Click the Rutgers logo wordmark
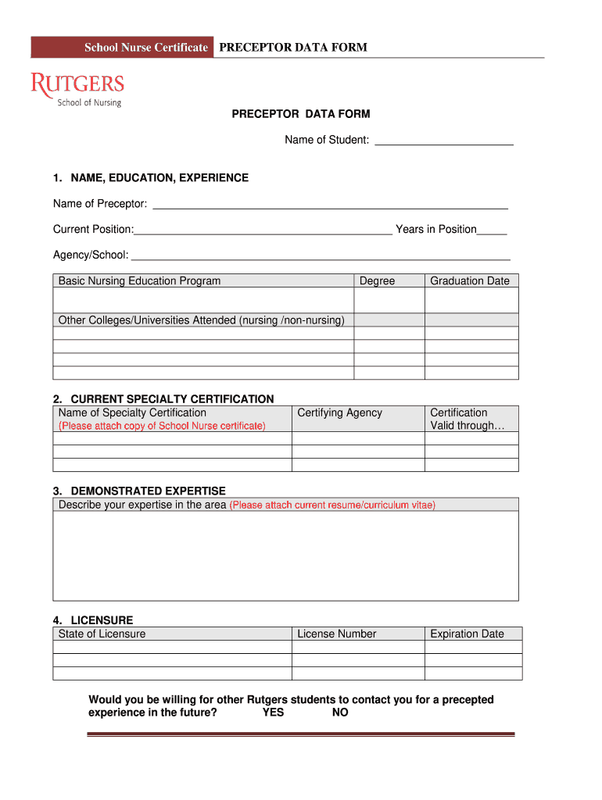77,84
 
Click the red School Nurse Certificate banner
121,48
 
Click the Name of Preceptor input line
329,205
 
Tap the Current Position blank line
263,230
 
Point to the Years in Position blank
492,230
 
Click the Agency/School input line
320,255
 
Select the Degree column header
377,281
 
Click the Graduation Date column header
469,281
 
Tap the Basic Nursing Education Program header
139,281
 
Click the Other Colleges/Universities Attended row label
201,320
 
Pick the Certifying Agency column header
339,412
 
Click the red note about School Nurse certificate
162,426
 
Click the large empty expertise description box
285,555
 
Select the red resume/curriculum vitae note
332,505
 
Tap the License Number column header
336,634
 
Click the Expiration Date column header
467,634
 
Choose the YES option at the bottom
273,712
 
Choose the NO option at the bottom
340,712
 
